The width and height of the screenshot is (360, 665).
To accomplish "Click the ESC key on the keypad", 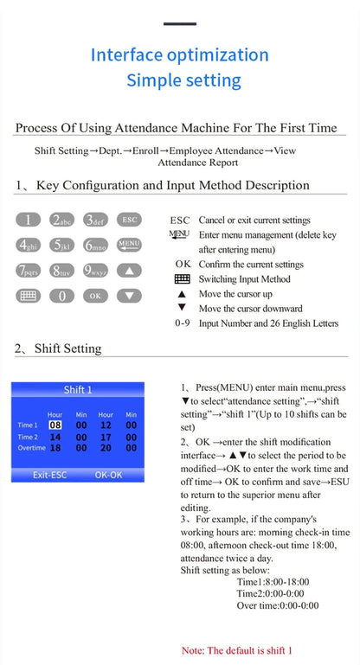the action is pyautogui.click(x=129, y=220).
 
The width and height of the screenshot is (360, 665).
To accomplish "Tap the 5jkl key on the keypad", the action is pyautogui.click(x=62, y=245).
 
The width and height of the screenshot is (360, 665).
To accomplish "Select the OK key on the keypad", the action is pyautogui.click(x=95, y=296).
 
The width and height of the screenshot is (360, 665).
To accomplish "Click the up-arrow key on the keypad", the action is pyautogui.click(x=129, y=270).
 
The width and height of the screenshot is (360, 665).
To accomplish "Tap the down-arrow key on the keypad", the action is pyautogui.click(x=129, y=296).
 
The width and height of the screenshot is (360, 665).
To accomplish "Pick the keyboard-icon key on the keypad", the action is pyautogui.click(x=28, y=296).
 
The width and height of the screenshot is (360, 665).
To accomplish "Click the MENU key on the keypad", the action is pyautogui.click(x=129, y=245).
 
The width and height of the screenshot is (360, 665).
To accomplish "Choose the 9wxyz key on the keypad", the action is pyautogui.click(x=95, y=270).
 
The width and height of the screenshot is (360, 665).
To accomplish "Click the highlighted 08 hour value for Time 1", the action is pyautogui.click(x=55, y=425).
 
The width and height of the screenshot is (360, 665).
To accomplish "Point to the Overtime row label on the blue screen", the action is pyautogui.click(x=31, y=448).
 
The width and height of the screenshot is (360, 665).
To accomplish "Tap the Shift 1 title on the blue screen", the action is pyautogui.click(x=78, y=390).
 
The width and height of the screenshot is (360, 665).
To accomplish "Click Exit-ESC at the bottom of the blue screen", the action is pyautogui.click(x=49, y=475).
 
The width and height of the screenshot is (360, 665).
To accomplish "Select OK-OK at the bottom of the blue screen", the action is pyautogui.click(x=109, y=475).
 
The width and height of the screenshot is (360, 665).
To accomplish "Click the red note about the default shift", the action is pyautogui.click(x=237, y=650).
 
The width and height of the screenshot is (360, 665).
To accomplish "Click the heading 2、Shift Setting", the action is pyautogui.click(x=58, y=348).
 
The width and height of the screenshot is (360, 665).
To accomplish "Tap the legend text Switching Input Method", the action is pyautogui.click(x=245, y=279).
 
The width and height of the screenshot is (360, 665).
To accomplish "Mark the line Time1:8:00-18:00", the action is pyautogui.click(x=273, y=581).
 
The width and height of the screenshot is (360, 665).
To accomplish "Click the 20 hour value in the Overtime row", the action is pyautogui.click(x=106, y=448).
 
